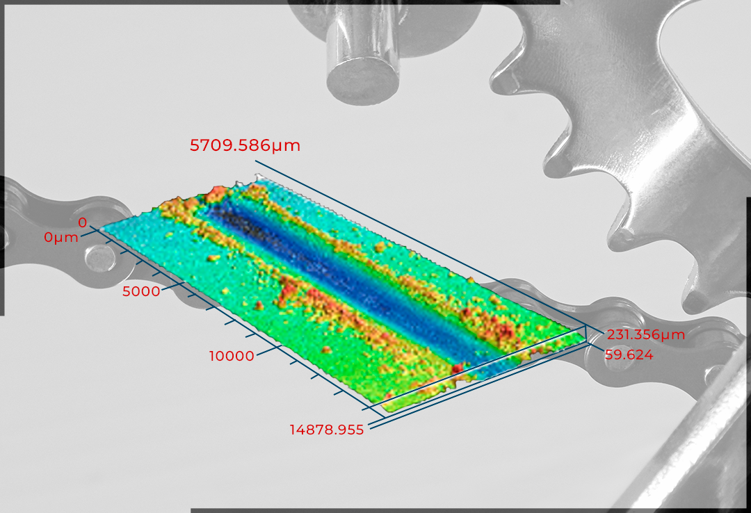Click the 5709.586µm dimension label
[x=245, y=145]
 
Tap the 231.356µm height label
[x=645, y=334]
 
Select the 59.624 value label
[x=629, y=355]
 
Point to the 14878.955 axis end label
[x=327, y=430]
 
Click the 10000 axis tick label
[x=232, y=356]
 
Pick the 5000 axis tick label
[x=141, y=291]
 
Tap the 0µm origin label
[x=60, y=237]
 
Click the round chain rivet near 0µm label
[x=99, y=258]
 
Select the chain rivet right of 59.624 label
[x=619, y=360]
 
